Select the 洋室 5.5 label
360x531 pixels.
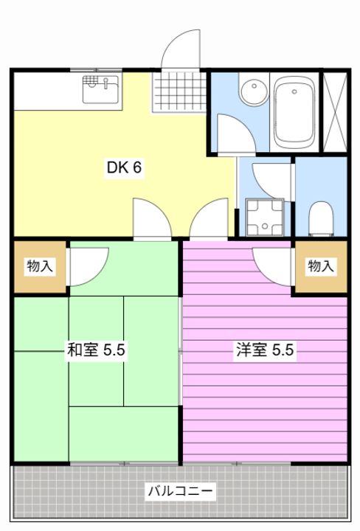pyautogui.click(x=265, y=350)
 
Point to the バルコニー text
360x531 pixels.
pyautogui.click(x=180, y=490)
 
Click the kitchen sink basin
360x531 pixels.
pyautogui.click(x=101, y=91)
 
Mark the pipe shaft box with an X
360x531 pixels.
pyautogui.click(x=335, y=112)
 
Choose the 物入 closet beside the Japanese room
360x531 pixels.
pyautogui.click(x=40, y=266)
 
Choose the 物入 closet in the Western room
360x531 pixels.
pyautogui.click(x=320, y=266)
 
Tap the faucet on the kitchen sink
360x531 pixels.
pyautogui.click(x=106, y=80)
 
